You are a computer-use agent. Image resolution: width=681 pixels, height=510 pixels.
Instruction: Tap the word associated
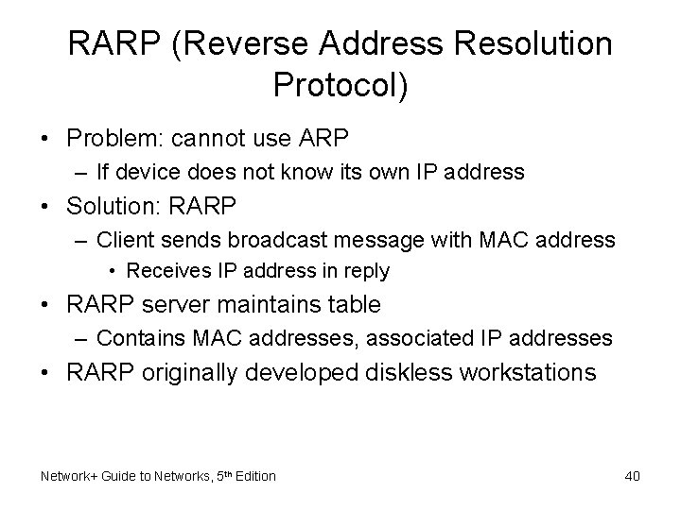coord(427,337)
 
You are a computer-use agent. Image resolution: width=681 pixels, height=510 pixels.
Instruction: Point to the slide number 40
coord(633,476)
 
